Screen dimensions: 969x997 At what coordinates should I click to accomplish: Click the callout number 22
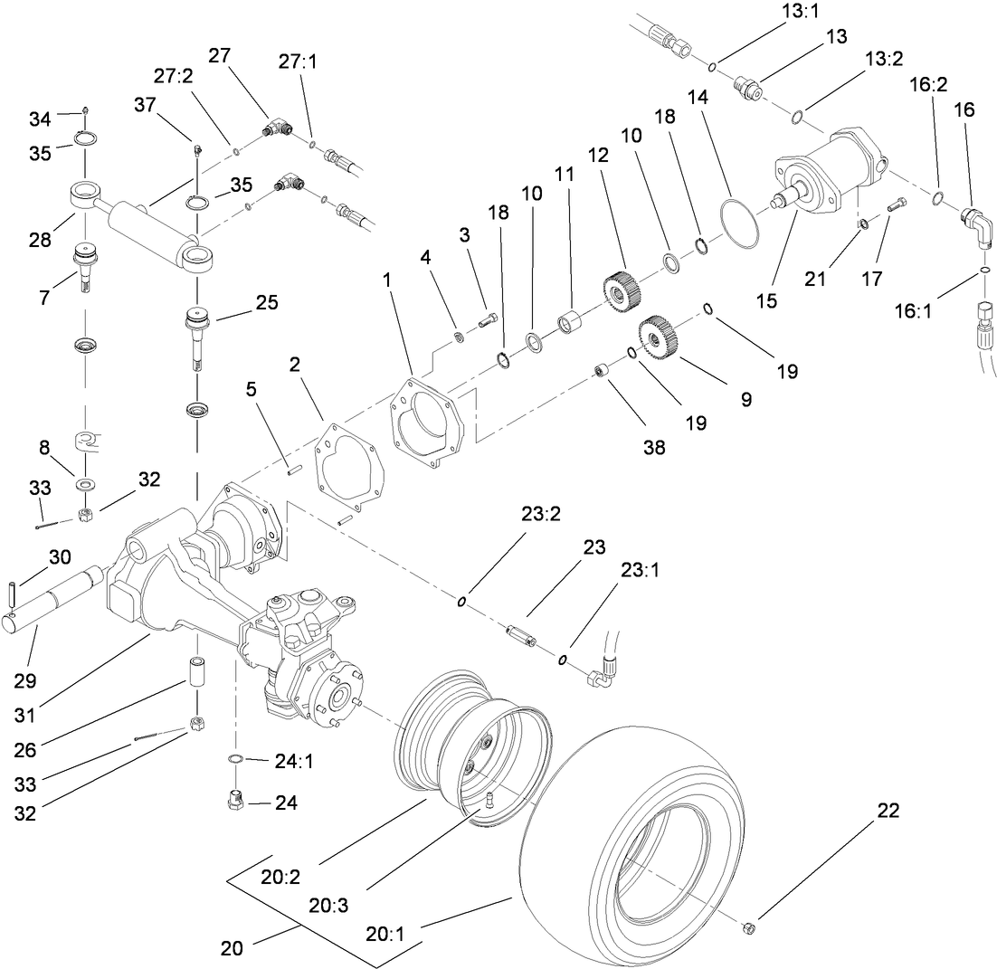[x=888, y=811]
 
